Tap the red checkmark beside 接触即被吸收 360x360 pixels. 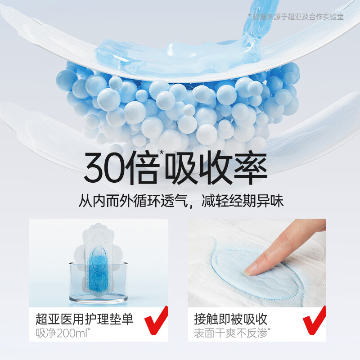[314, 319]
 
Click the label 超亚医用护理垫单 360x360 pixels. [84, 319]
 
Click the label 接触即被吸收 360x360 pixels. [230, 319]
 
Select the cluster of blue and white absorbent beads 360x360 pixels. [180, 108]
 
